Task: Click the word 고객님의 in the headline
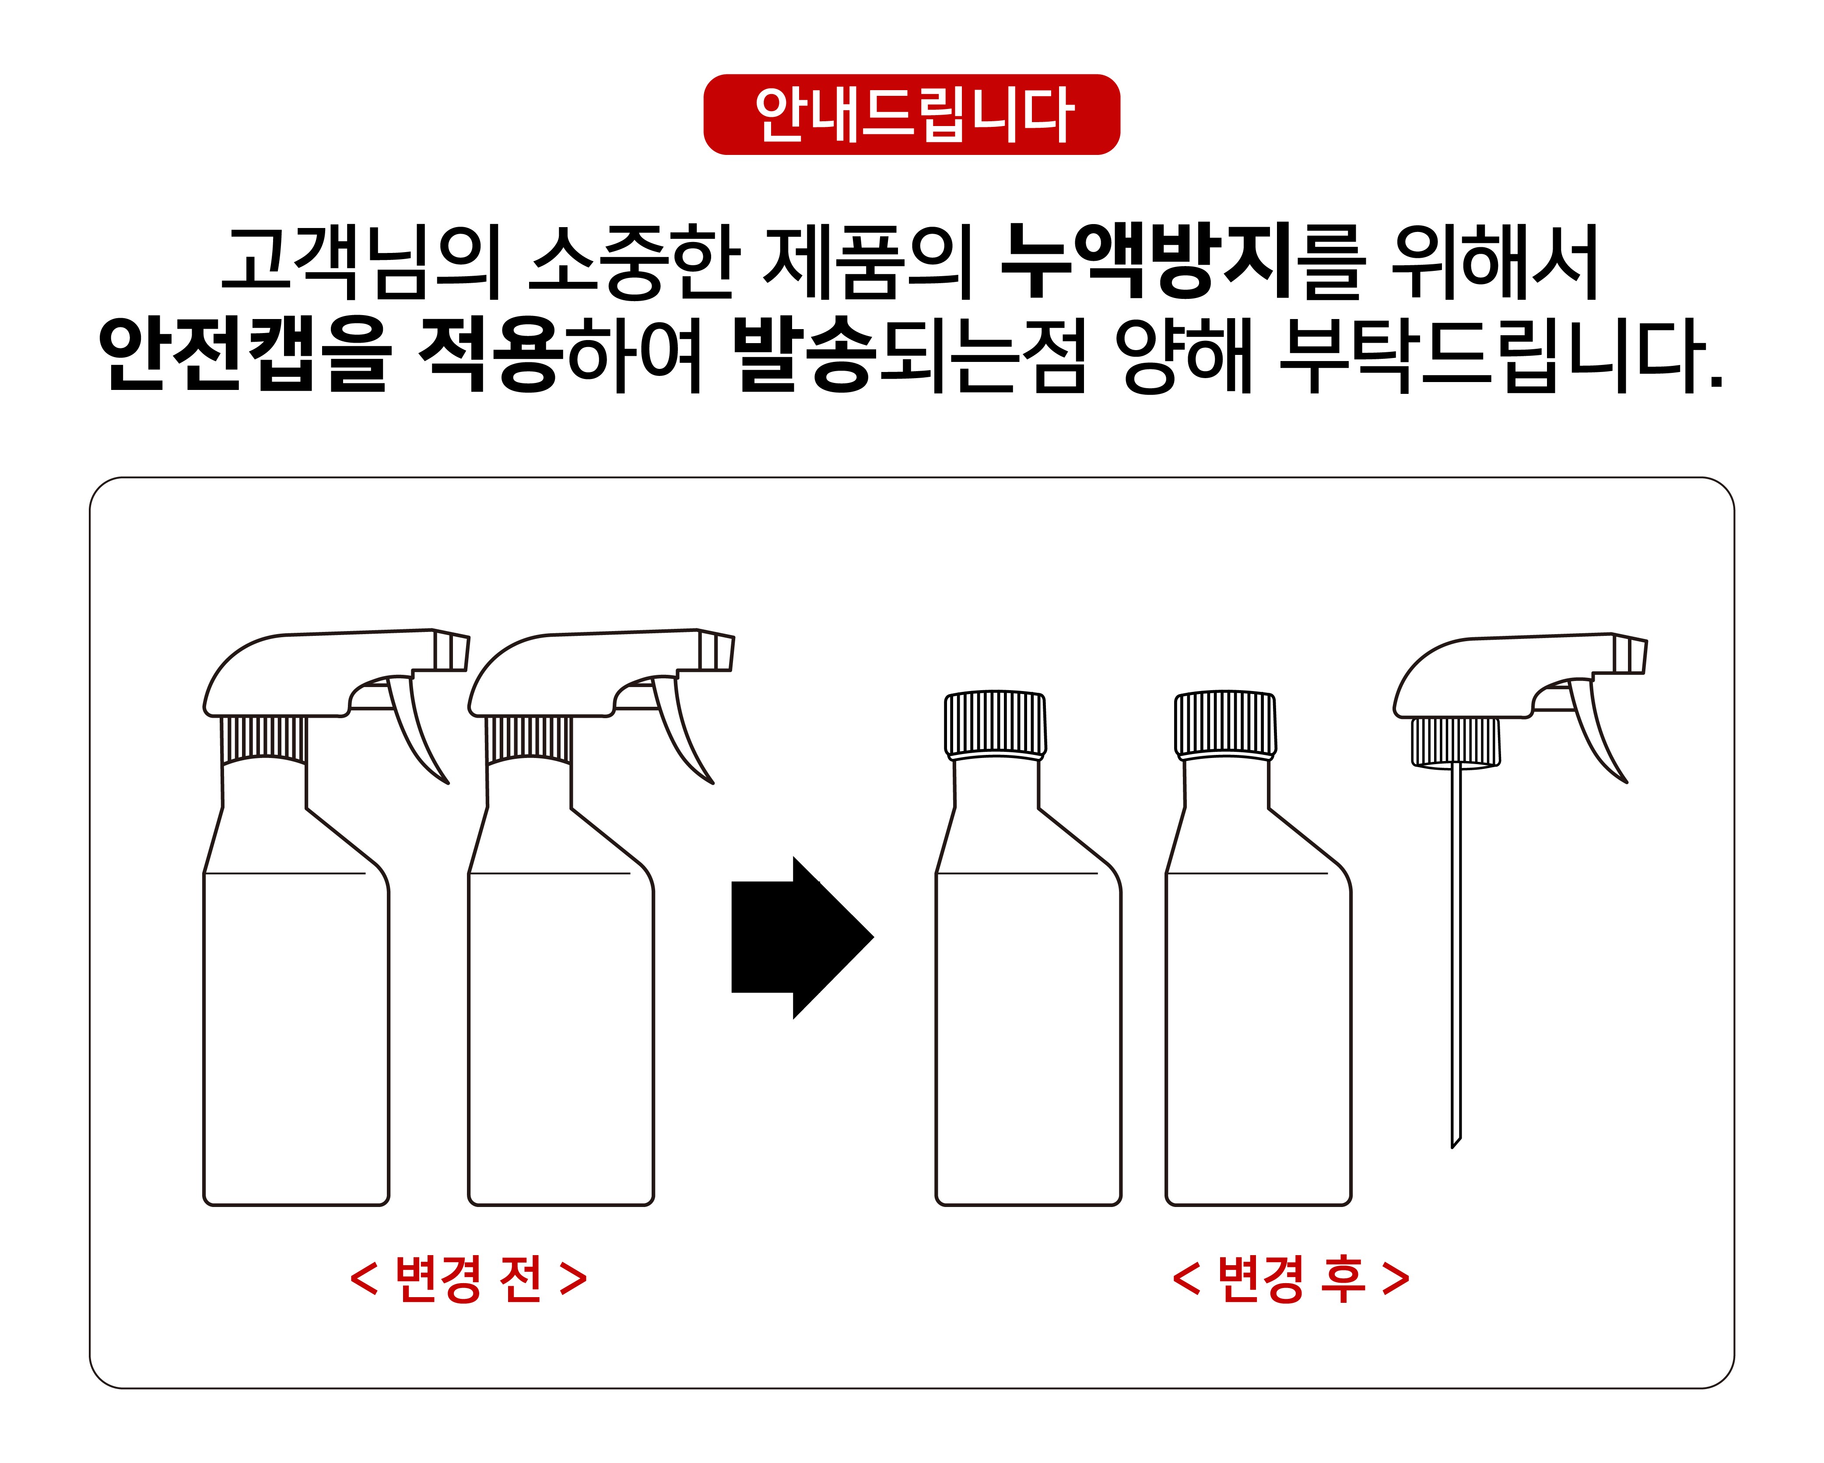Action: point(362,261)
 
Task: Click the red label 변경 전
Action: point(468,1278)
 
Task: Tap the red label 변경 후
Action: point(1291,1278)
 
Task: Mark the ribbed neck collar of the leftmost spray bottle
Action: point(264,740)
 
